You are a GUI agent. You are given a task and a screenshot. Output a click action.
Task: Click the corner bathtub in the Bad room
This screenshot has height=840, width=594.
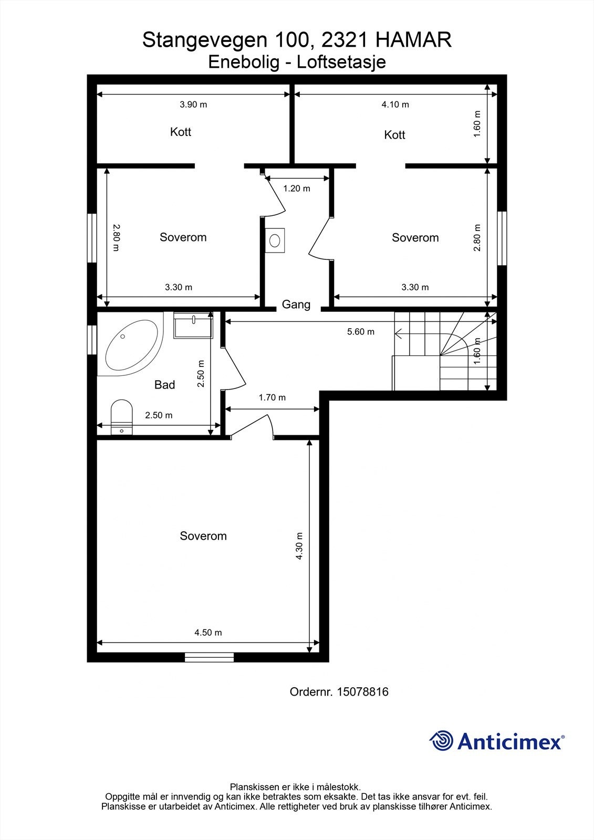pos(131,345)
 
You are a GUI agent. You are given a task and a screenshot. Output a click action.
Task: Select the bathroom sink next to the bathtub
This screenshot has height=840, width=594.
pos(193,325)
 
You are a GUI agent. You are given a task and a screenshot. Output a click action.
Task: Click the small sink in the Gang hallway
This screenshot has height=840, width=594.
pos(275,240)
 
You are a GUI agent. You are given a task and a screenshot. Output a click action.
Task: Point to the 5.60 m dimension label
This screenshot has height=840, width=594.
pos(361,332)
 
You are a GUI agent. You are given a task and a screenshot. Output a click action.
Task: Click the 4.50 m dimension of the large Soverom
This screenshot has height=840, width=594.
pos(208,633)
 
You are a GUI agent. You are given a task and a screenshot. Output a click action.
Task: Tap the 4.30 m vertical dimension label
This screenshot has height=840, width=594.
pos(299,546)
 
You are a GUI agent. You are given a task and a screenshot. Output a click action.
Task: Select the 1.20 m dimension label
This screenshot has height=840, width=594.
pos(297,188)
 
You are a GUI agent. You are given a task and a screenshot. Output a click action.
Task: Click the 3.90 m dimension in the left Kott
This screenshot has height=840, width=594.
pos(193,104)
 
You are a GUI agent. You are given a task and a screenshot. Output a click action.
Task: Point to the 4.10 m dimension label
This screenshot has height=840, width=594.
pos(395,104)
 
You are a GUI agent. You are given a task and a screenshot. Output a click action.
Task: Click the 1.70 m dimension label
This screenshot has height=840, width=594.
pos(272,397)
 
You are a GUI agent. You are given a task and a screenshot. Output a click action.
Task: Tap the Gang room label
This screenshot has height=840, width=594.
pos(296,304)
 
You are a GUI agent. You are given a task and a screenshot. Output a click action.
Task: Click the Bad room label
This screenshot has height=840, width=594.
pos(164,385)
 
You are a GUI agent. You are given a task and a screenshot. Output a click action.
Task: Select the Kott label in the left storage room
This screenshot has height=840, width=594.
pos(181,132)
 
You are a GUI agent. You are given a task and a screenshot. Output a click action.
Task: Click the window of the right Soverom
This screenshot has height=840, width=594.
pos(502,238)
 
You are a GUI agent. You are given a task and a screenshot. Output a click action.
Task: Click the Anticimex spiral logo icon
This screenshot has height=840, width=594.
pos(442,741)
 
